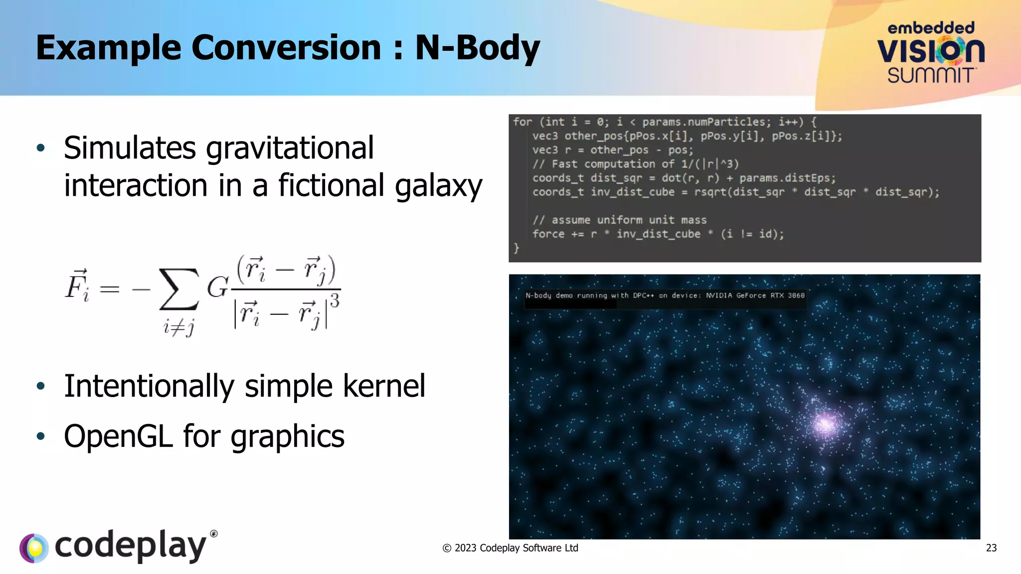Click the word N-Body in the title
pos(477,48)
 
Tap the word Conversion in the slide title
pos(286,48)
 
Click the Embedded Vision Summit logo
pos(931,52)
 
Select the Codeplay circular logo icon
pos(34,548)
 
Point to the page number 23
pos(991,548)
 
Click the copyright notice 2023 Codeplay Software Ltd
pos(510,548)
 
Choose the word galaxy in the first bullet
pos(438,186)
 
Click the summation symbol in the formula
pos(178,289)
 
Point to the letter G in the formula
pos(217,287)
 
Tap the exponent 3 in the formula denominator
pos(335,300)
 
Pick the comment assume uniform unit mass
pos(620,220)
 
